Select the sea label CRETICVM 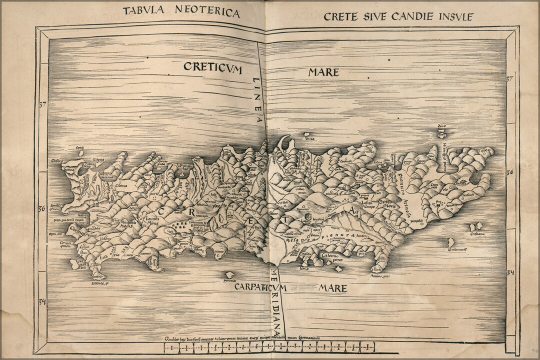click(x=212, y=67)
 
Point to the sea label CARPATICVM click(x=260, y=287)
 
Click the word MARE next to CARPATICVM click(x=332, y=288)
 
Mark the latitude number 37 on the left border click(x=42, y=104)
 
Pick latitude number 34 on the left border click(x=42, y=301)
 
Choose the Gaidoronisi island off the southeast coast click(x=451, y=242)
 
